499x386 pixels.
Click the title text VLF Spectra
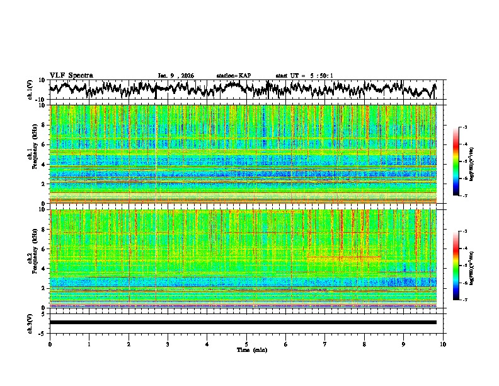tap(71, 75)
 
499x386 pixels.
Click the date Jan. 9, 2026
tap(176, 76)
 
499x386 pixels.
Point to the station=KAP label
tap(234, 76)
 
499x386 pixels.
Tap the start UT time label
tap(304, 76)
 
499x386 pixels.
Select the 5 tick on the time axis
tap(246, 344)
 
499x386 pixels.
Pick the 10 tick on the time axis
tap(443, 344)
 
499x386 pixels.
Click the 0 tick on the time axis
tap(50, 344)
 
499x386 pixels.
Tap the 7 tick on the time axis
tap(325, 344)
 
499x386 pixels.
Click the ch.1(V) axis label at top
tap(30, 90)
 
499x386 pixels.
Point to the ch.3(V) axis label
tap(30, 322)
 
